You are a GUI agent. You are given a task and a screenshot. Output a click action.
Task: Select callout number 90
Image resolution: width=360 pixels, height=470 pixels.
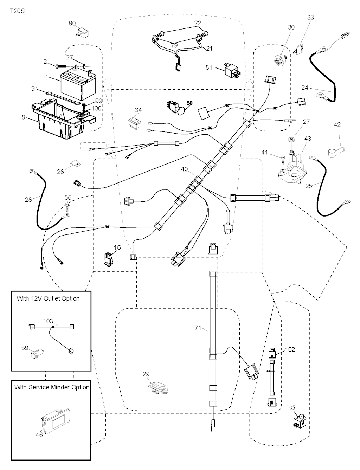(x=72, y=24)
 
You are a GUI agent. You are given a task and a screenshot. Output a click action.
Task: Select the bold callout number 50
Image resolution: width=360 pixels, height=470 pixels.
(x=189, y=103)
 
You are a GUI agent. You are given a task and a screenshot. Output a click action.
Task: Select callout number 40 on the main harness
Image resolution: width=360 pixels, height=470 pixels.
(x=185, y=169)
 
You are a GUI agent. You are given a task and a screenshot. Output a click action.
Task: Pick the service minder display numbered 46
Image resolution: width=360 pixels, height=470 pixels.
(x=56, y=421)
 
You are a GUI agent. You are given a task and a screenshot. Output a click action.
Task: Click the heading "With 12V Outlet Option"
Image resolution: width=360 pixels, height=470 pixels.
(x=48, y=298)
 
